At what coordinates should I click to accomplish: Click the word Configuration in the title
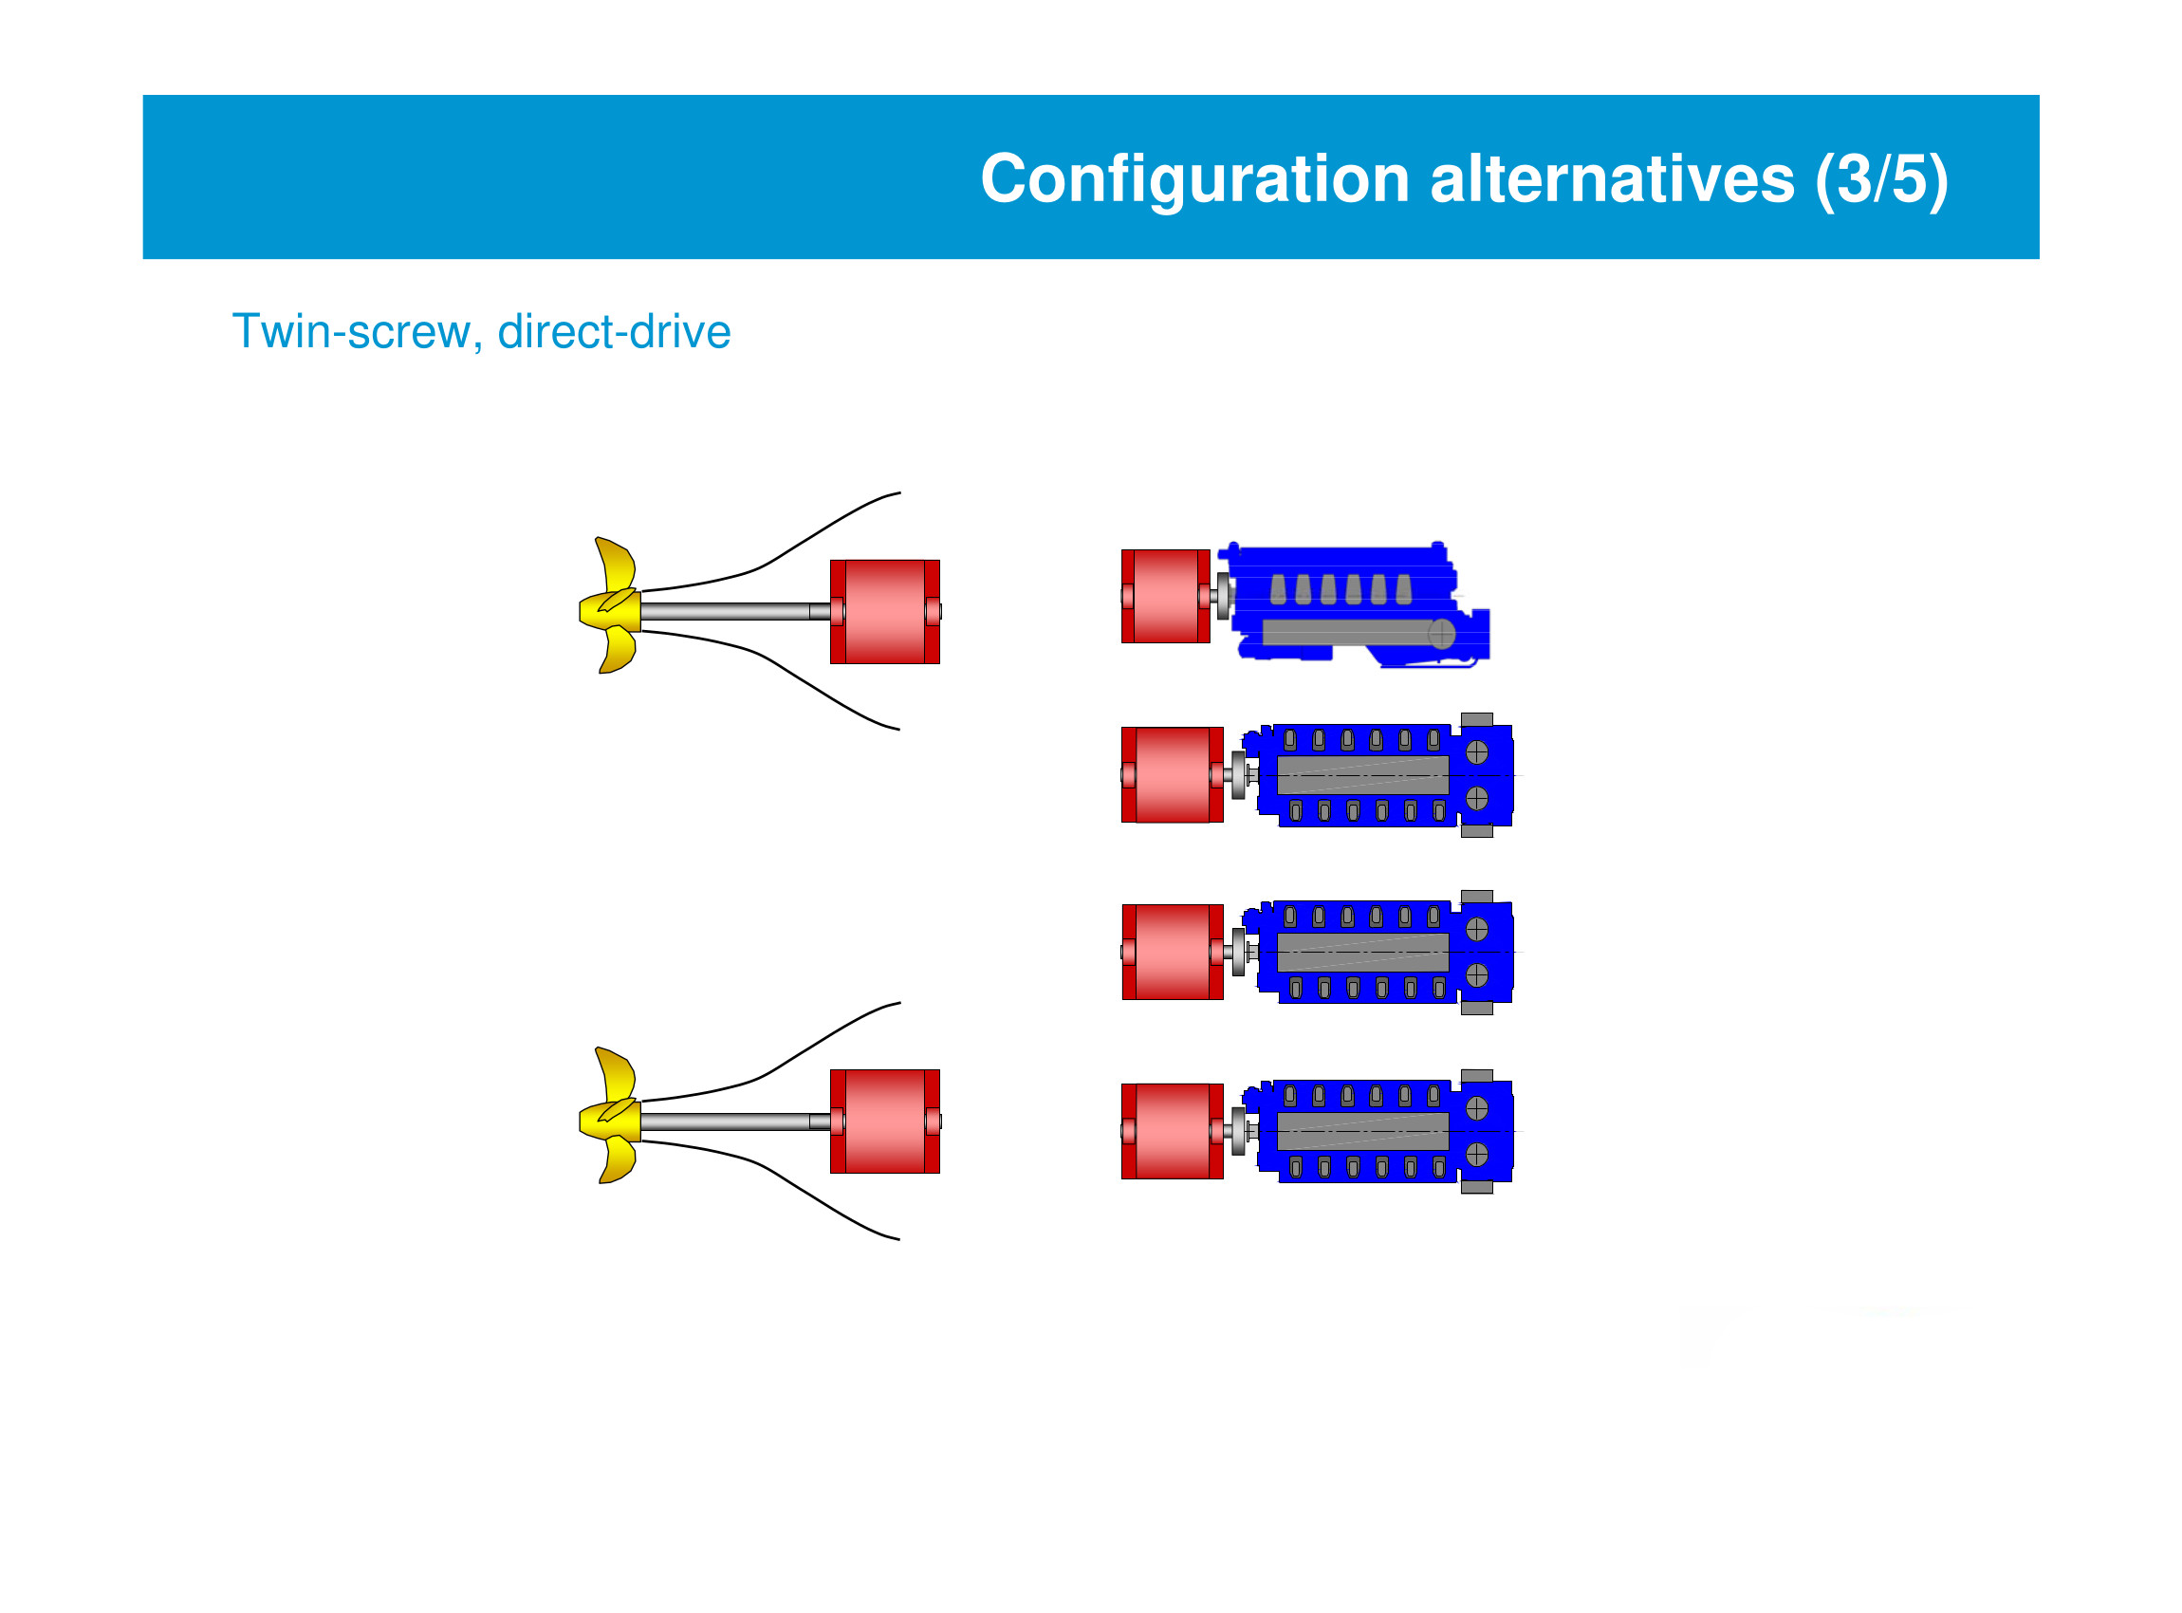(x=1194, y=179)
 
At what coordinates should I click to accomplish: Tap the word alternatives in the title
(x=1611, y=179)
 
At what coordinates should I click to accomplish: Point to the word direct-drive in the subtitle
(x=614, y=332)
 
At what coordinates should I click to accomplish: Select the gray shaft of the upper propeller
(x=728, y=612)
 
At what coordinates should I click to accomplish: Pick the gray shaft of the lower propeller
(x=728, y=1122)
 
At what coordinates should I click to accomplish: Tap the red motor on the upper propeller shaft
(x=884, y=612)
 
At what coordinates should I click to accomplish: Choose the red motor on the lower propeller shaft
(x=884, y=1122)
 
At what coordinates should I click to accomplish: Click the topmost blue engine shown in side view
(x=1357, y=605)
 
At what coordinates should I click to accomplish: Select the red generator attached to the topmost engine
(x=1166, y=597)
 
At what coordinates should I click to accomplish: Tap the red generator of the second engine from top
(x=1173, y=775)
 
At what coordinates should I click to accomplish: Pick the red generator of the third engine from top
(x=1173, y=953)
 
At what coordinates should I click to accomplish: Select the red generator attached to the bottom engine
(x=1173, y=1132)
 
